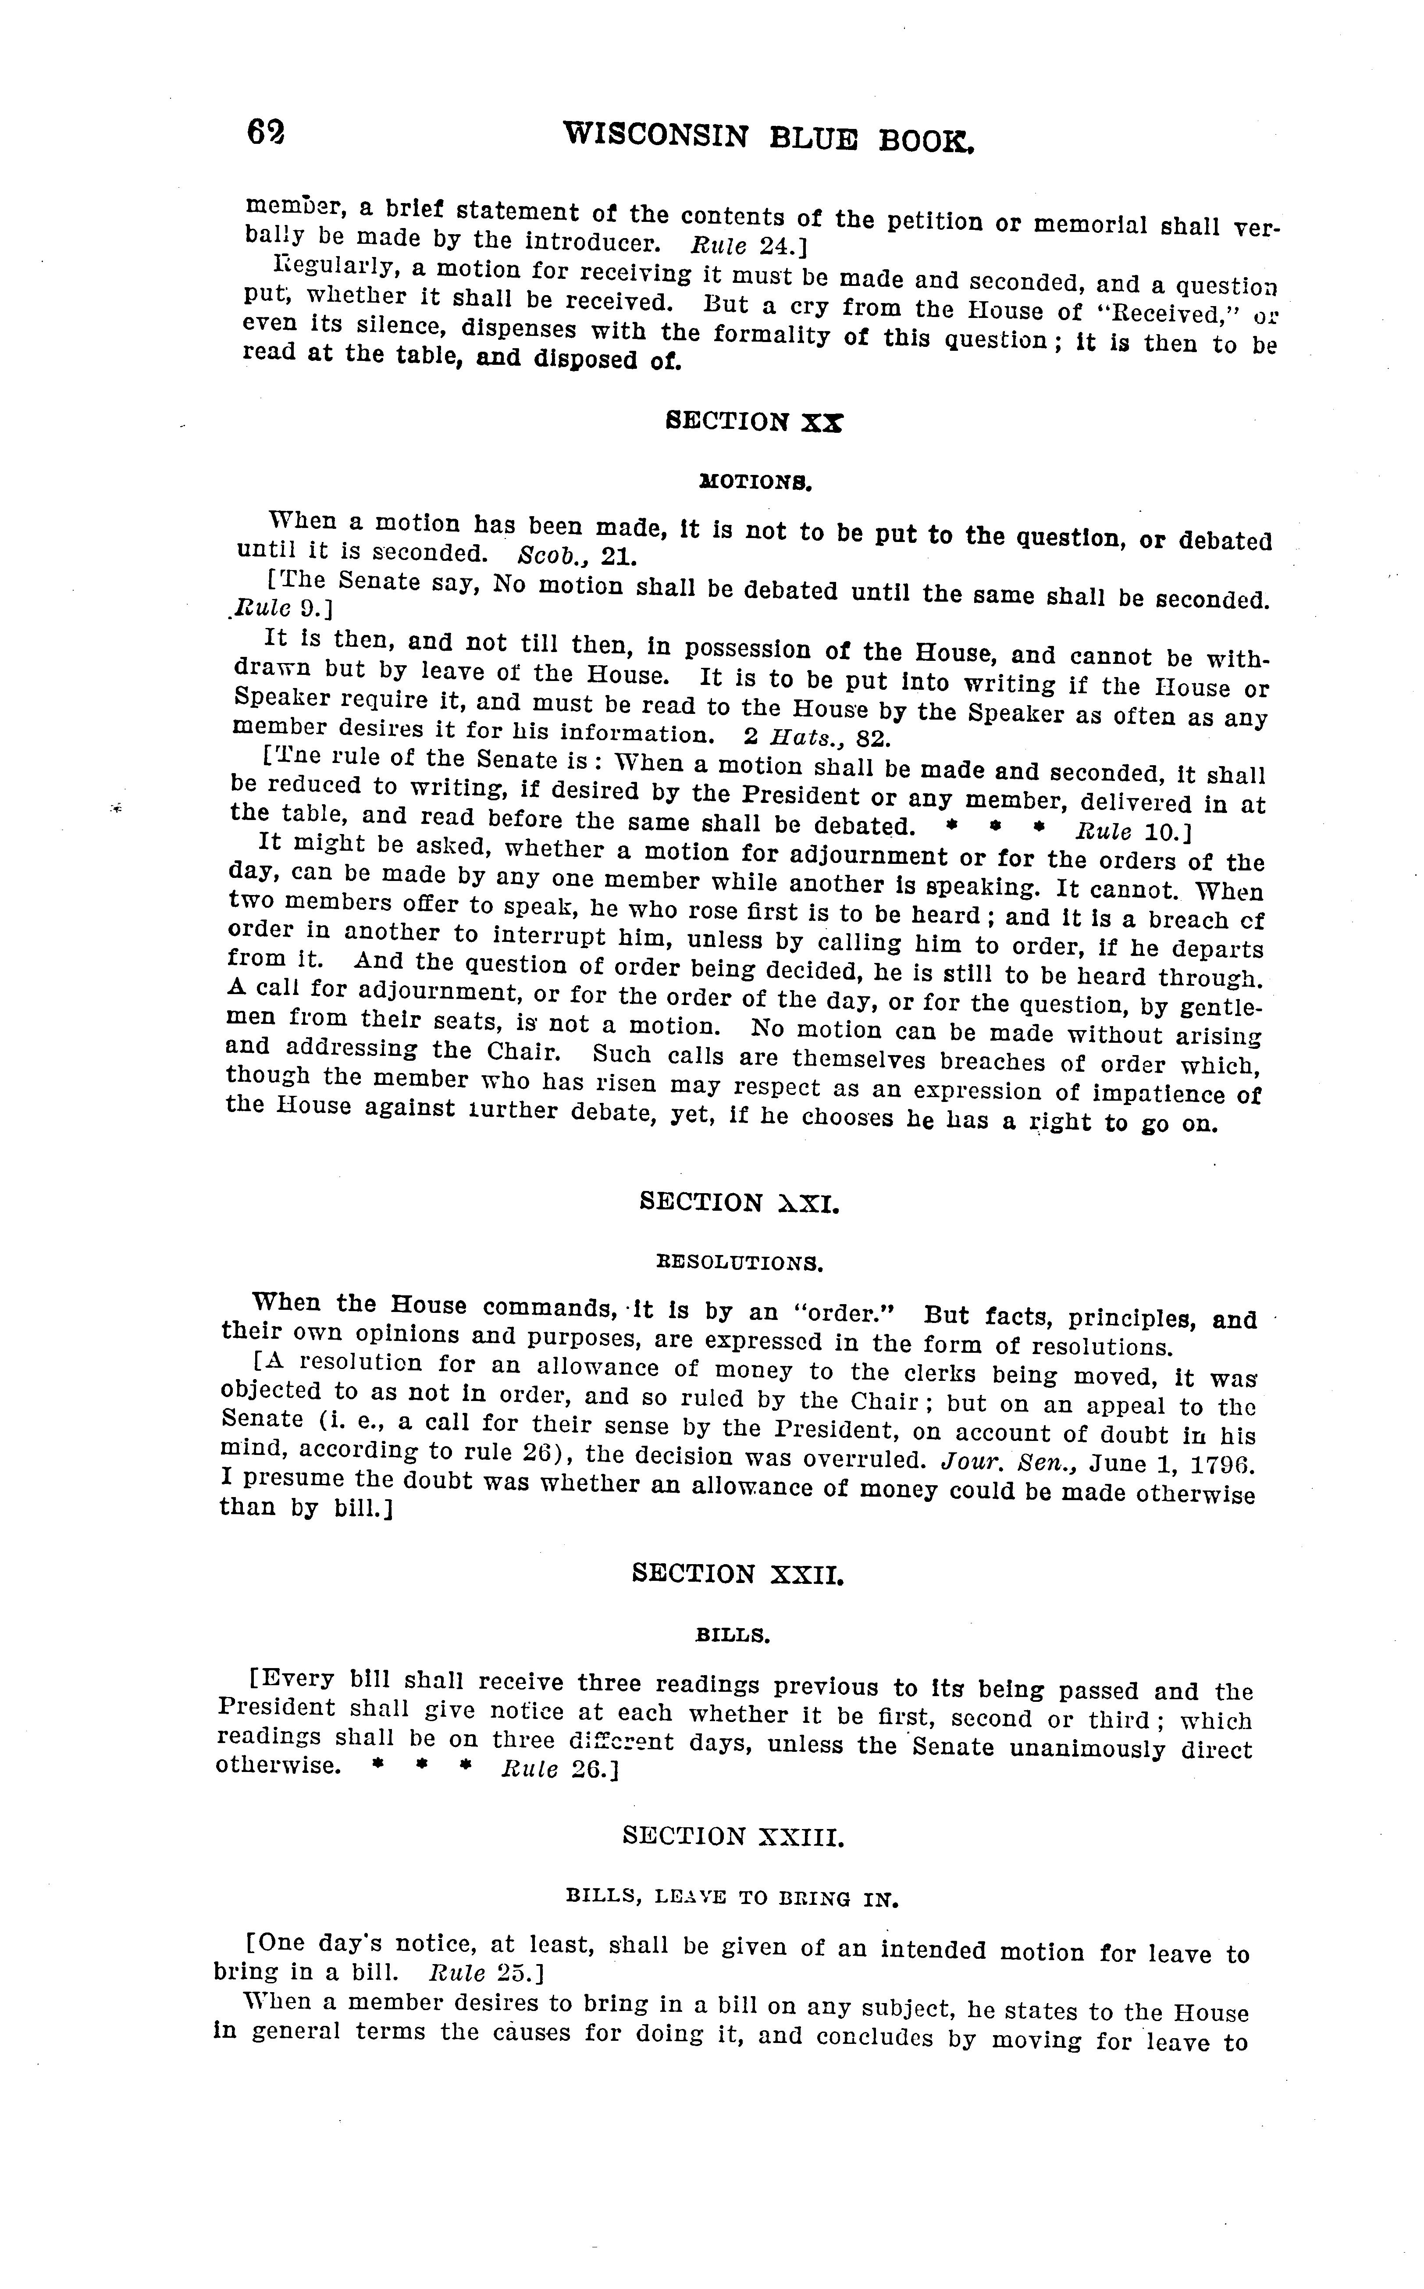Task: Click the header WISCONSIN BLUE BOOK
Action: click(768, 138)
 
